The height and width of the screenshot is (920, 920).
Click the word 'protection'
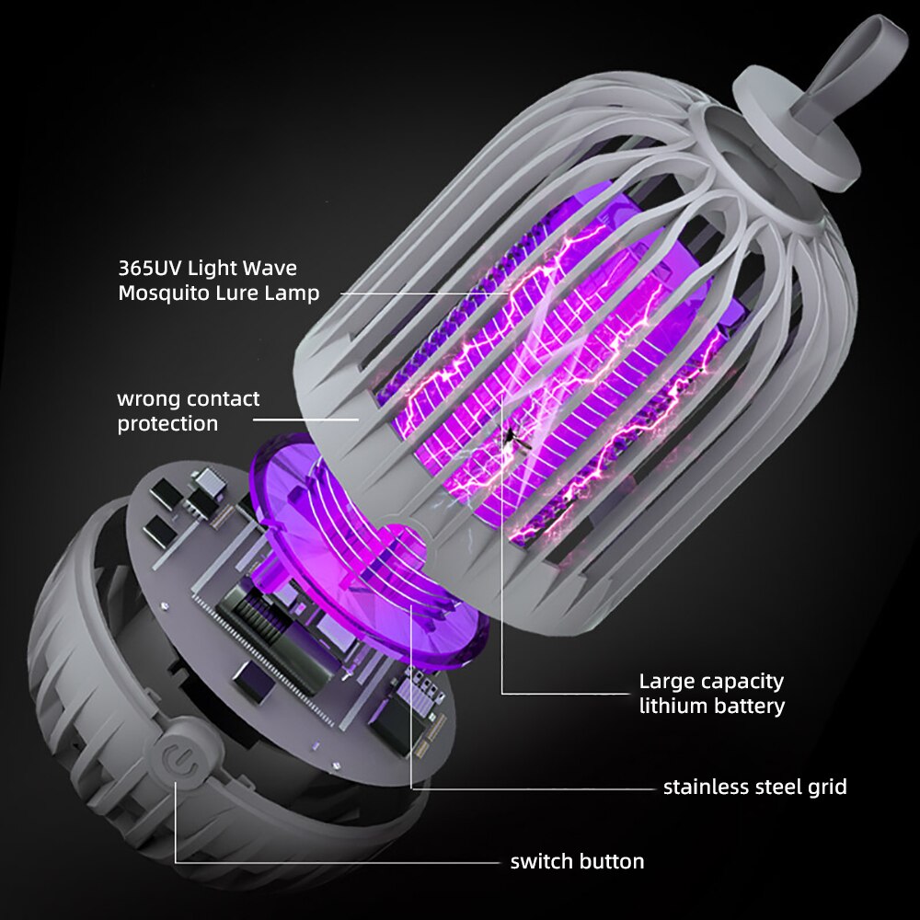[x=167, y=424]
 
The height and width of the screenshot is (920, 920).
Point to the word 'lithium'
[x=671, y=706]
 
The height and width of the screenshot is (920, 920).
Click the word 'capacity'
[x=742, y=683]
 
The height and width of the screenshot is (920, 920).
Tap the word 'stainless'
[x=704, y=787]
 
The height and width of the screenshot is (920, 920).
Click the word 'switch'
[x=541, y=861]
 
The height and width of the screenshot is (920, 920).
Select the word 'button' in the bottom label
[x=612, y=861]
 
